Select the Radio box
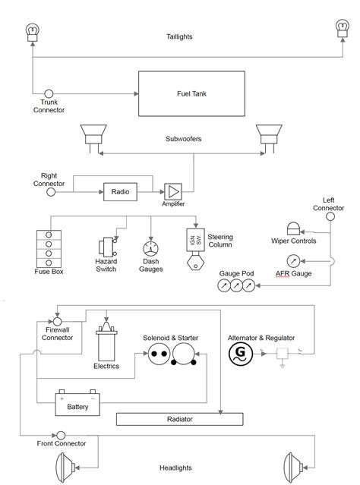pos(120,192)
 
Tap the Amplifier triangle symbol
pos(173,192)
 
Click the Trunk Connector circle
pos(49,93)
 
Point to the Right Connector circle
pos(51,192)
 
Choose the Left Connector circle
pos(330,216)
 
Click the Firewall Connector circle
pos(57,322)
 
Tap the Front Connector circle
pos(61,436)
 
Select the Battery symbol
pos(77,403)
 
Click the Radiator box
pos(179,419)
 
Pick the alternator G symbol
pos(241,354)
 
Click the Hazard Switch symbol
pos(107,247)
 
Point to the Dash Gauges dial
pos(150,249)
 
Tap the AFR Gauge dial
pos(293,261)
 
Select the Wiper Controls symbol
pos(293,228)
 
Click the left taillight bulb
pos(32,33)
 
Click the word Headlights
pos(175,468)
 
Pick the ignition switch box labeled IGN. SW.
pos(195,240)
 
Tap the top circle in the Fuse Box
pos(49,235)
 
